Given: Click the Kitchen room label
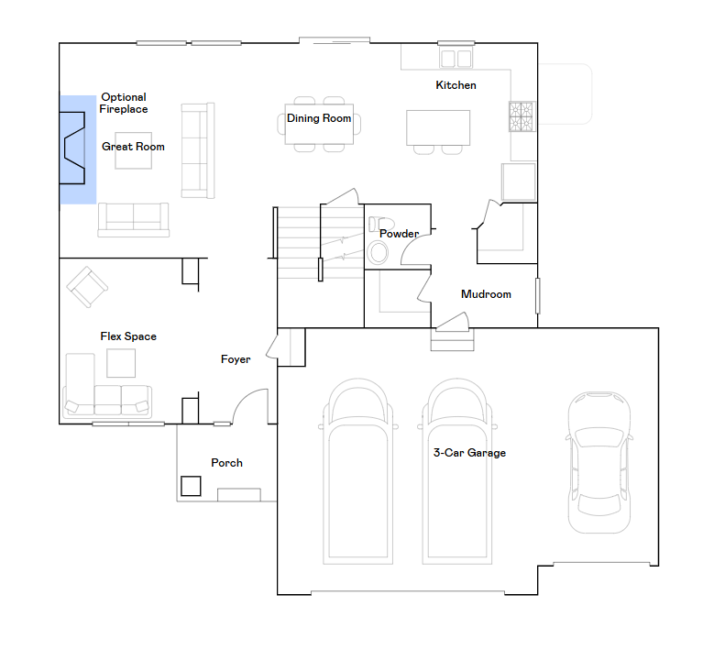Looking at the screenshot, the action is tap(456, 85).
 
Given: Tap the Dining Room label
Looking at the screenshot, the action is tap(319, 118).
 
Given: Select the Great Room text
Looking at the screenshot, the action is tap(133, 147).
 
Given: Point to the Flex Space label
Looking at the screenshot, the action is tap(128, 336).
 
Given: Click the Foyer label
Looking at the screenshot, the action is tap(236, 359).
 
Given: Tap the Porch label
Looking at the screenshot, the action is tap(226, 463).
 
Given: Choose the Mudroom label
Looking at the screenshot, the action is tap(486, 294).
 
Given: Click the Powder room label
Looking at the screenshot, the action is tap(399, 234).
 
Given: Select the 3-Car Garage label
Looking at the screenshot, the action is tap(469, 453).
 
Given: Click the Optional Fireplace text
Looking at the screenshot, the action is tap(124, 104).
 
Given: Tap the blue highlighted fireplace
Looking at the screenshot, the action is tap(78, 149).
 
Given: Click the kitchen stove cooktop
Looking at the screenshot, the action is tap(522, 116).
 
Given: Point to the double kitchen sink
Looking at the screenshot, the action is tap(456, 59).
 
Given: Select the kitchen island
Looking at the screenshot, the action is tap(438, 127).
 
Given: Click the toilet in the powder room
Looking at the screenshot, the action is tap(380, 224).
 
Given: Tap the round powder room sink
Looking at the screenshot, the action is tap(378, 253).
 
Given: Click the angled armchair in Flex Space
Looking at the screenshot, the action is tap(87, 287).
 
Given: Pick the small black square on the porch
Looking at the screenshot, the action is tap(191, 486).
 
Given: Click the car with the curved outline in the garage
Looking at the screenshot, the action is tap(599, 462).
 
